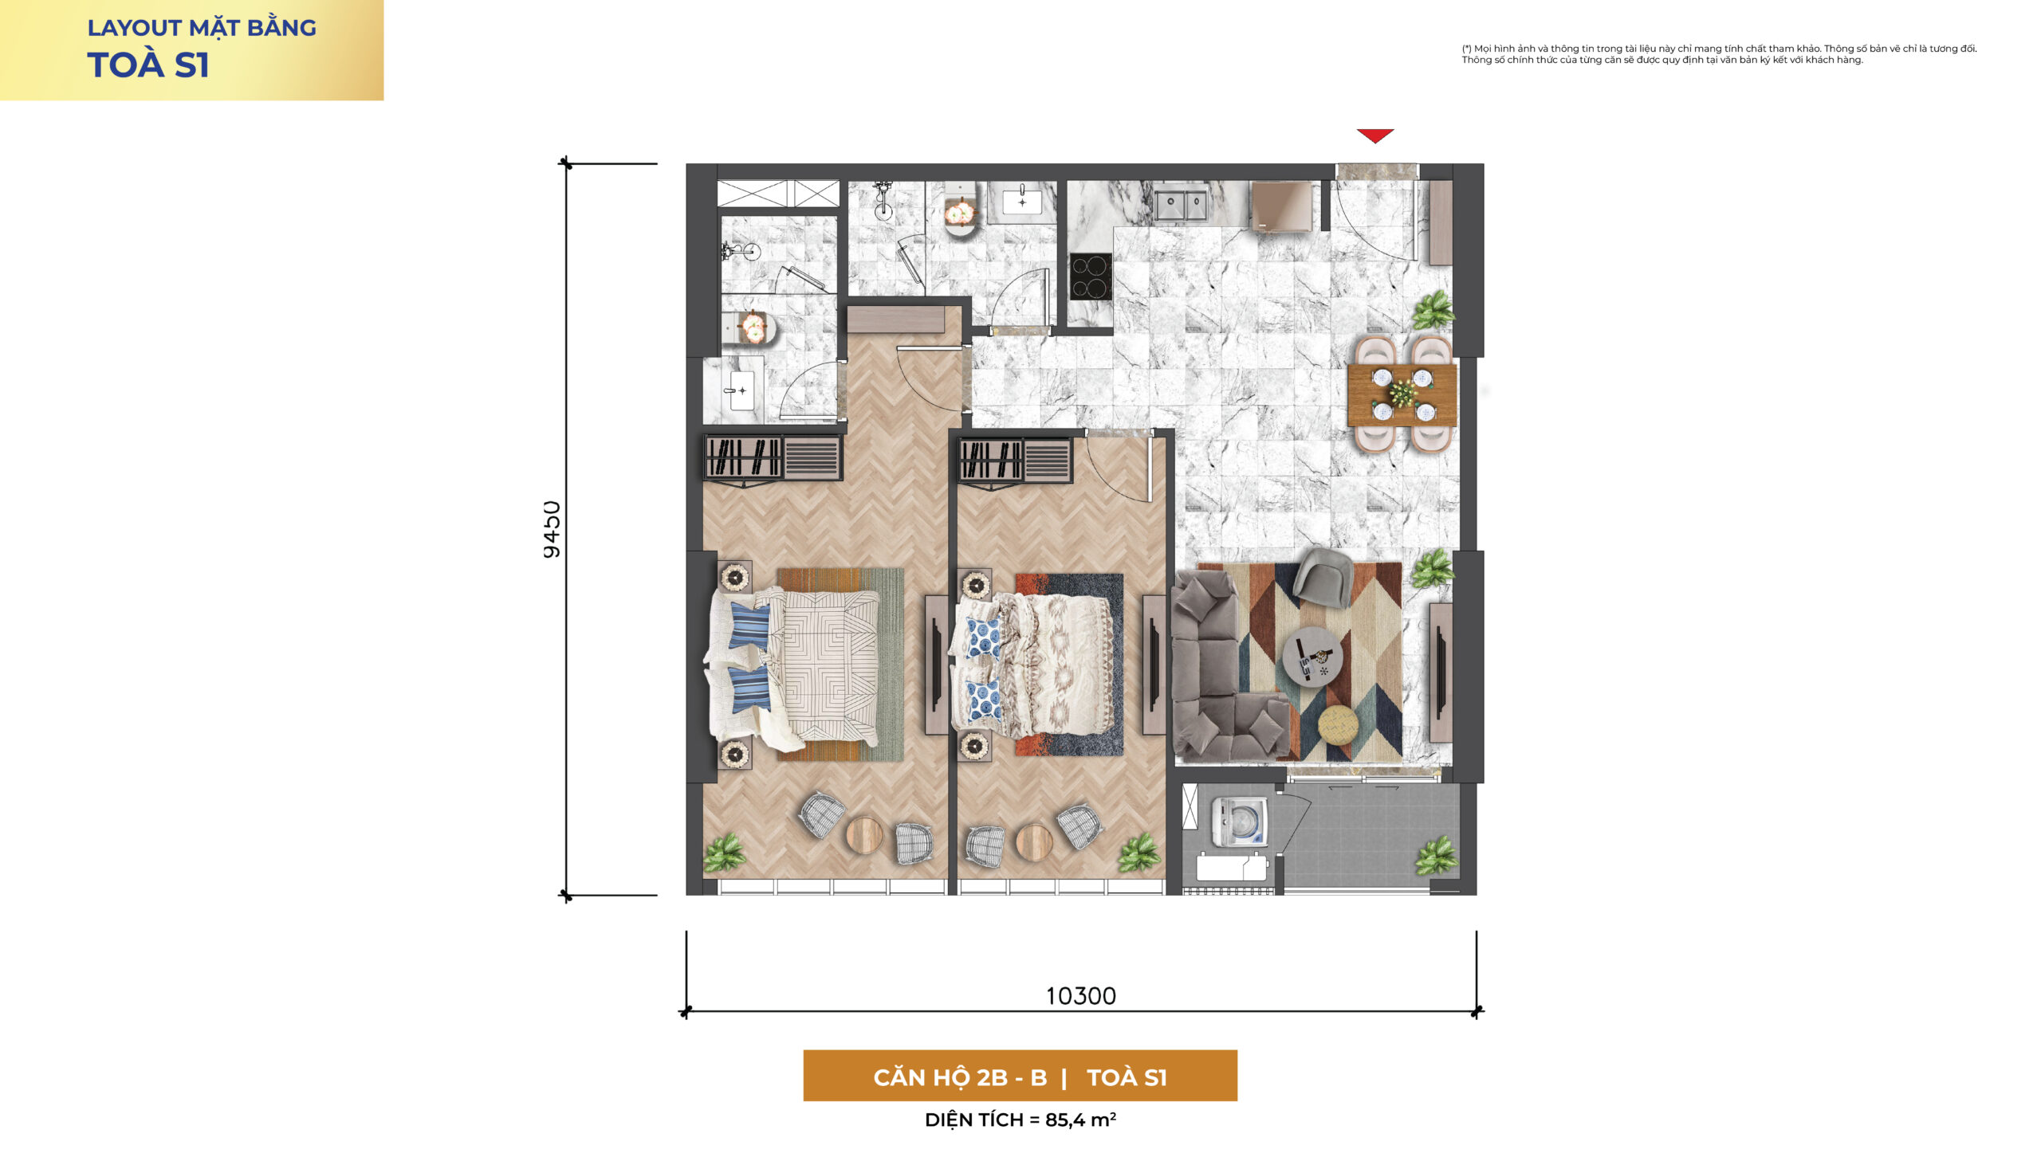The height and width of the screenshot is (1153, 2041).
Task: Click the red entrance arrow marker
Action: [1375, 135]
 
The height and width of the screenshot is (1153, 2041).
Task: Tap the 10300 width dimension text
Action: [1081, 996]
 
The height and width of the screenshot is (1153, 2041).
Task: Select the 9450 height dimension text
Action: [552, 530]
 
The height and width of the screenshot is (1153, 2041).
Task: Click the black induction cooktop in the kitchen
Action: [1091, 276]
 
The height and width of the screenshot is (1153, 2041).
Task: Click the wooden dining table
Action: [1402, 394]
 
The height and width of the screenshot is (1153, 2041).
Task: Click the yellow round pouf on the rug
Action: [1338, 726]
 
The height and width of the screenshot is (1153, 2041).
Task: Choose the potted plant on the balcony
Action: [1437, 857]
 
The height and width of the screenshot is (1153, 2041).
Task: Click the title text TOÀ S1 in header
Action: [148, 65]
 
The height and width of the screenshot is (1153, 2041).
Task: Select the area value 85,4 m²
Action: [1080, 1120]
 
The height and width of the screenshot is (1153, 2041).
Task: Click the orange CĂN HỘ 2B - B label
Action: [960, 1077]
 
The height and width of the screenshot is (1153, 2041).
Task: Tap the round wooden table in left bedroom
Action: [864, 835]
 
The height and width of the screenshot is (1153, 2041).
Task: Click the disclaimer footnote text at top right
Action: [1719, 54]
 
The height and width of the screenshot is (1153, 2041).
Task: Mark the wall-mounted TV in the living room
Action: [1441, 671]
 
